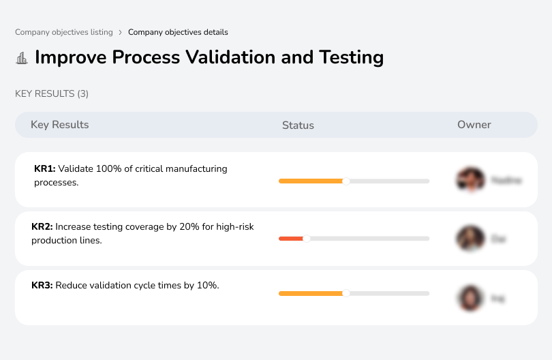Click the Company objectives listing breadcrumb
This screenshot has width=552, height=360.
click(64, 32)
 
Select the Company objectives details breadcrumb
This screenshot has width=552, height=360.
click(178, 32)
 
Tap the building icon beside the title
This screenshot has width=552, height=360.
click(22, 58)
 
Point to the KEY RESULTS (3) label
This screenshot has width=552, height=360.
click(52, 93)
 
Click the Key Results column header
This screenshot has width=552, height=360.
click(60, 125)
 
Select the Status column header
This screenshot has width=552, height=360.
click(298, 125)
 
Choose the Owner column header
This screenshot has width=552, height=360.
click(474, 125)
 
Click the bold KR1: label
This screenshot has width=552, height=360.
click(44, 168)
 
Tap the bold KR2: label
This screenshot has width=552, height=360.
click(42, 227)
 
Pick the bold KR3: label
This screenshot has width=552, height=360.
click(42, 286)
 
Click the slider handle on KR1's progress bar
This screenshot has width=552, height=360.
click(346, 181)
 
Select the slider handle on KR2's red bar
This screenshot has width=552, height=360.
click(307, 239)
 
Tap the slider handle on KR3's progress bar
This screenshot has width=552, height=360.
click(346, 293)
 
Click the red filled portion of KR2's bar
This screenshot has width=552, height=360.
click(290, 239)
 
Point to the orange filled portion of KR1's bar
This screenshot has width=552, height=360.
click(310, 181)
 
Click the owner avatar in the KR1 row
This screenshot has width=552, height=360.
click(470, 180)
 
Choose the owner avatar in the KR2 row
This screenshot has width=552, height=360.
click(470, 239)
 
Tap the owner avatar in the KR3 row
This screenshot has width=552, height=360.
click(470, 297)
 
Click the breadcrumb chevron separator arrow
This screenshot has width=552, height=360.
click(121, 32)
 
